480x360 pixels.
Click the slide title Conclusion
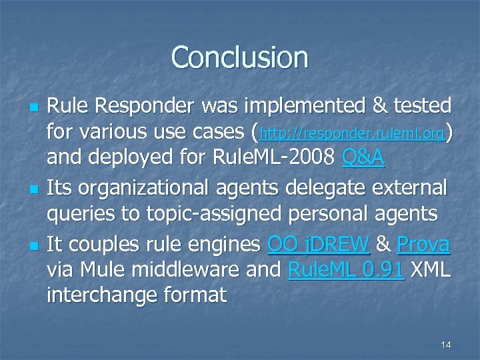tap(239, 57)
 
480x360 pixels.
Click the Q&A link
tap(363, 159)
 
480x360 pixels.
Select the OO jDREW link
tap(318, 245)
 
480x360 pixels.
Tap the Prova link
tap(423, 245)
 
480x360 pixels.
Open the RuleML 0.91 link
tap(346, 269)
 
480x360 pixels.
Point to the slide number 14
tap(446, 345)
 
